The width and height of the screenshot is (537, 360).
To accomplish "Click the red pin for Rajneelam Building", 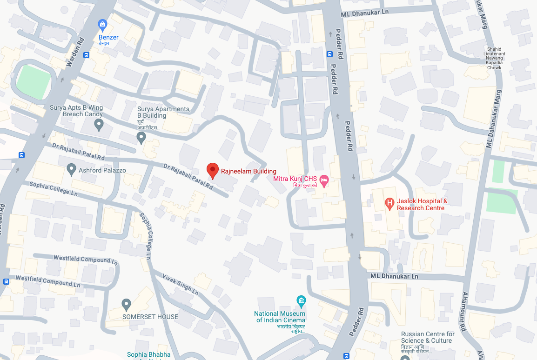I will click(x=213, y=170).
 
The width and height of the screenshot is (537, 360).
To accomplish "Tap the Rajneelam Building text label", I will click(x=248, y=171).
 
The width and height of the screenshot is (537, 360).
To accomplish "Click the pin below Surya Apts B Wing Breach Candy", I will click(x=99, y=124).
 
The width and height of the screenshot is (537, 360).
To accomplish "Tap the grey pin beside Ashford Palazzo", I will click(x=71, y=170).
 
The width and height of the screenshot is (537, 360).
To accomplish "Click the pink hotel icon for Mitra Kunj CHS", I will click(x=324, y=180).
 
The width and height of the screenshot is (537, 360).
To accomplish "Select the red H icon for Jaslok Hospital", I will click(x=389, y=203).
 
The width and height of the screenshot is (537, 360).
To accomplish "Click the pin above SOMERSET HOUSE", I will click(x=126, y=305).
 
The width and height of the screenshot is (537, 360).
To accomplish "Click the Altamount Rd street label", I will click(x=466, y=311).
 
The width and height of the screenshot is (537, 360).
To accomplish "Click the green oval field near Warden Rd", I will click(x=33, y=82).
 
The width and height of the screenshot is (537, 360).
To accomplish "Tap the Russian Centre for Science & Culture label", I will click(x=428, y=337).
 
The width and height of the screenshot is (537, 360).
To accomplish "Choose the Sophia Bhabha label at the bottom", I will click(x=149, y=355).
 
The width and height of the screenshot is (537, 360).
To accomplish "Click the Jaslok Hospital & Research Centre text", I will click(x=422, y=205).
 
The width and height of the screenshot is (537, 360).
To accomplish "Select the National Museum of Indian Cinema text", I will click(x=280, y=317).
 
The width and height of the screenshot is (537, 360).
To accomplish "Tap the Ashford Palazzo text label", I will click(x=102, y=171).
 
